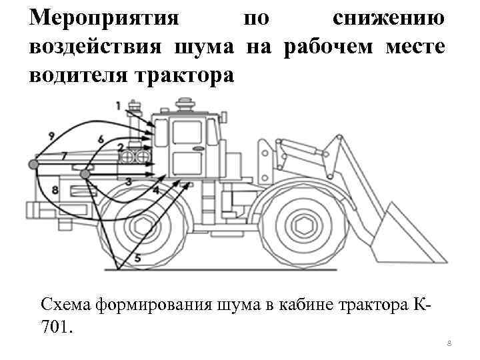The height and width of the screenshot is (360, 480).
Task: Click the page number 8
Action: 449,343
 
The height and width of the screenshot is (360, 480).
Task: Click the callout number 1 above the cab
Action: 118,105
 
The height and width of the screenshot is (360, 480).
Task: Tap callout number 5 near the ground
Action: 137,258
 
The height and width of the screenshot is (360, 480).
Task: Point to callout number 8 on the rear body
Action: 55,191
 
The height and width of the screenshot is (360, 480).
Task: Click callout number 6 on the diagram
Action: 100,139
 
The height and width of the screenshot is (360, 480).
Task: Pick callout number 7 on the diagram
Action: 63,155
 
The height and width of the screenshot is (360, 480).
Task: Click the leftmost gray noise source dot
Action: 33,164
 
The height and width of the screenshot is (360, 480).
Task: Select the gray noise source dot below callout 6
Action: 85,174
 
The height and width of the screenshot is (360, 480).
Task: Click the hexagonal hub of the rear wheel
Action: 144,225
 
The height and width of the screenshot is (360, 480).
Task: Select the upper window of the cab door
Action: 183,133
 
